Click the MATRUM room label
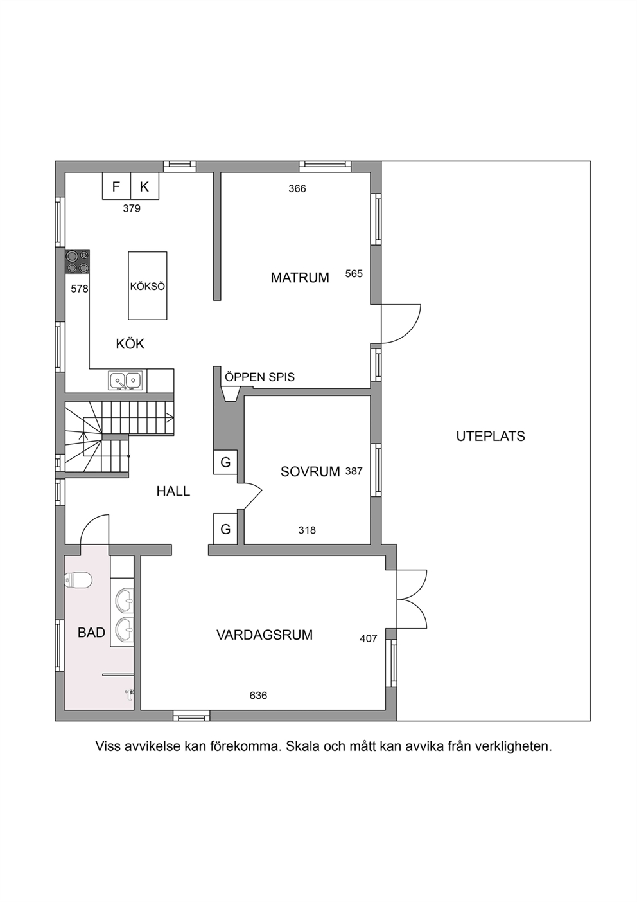300,278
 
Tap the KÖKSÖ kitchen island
148,285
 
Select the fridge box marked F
116,186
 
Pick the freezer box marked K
144,186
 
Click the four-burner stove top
78,261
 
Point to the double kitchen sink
125,381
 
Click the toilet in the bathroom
78,581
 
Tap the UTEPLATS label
491,437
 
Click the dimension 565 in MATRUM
354,274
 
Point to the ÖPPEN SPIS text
259,377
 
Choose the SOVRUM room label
310,472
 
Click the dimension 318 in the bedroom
307,530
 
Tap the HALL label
173,491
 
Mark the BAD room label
91,633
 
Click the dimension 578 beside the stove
80,289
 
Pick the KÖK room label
130,344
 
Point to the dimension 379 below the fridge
132,208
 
